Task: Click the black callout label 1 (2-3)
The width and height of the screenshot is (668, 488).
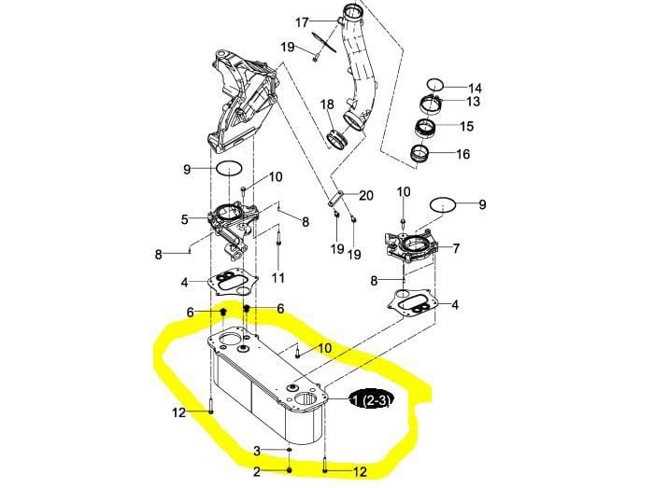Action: (370, 399)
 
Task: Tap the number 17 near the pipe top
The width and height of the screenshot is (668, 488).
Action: (302, 22)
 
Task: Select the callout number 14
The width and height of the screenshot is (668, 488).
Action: (475, 88)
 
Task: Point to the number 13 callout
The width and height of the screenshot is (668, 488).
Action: (473, 102)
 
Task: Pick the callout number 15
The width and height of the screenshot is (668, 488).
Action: (466, 126)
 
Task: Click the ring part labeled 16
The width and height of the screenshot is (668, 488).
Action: (419, 153)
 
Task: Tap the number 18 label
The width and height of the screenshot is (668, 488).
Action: (327, 105)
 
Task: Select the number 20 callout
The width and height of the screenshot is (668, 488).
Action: (366, 195)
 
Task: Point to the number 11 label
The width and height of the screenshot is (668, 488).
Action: (277, 278)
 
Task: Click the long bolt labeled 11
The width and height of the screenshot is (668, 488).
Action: (277, 244)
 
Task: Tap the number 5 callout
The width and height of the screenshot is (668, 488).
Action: (184, 219)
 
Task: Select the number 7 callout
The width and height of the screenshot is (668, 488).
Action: (456, 248)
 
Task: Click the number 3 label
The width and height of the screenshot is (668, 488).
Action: (257, 451)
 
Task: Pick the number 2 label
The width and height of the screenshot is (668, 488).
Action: (257, 471)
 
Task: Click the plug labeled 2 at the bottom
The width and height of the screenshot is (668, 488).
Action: (290, 469)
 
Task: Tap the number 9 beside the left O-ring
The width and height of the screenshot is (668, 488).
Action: (187, 169)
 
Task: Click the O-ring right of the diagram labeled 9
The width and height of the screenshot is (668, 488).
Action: (443, 204)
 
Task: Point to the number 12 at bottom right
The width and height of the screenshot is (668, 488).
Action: (360, 471)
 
